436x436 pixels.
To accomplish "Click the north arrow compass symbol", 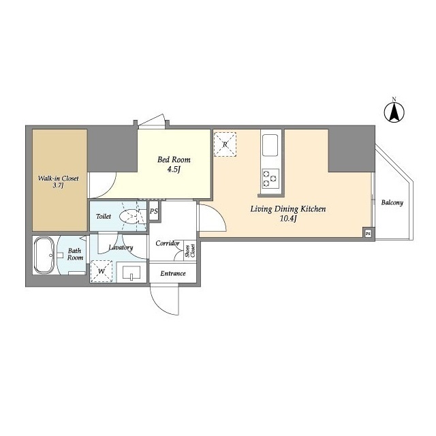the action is point(394,112).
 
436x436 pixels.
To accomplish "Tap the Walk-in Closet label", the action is point(58,178).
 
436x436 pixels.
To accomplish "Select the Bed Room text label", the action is point(174,159).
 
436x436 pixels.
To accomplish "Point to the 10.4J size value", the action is point(288,219).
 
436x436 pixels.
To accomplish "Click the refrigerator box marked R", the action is point(225,144).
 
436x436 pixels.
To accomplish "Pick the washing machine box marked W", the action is point(102,271).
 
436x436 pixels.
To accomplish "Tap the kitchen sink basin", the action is point(270,145).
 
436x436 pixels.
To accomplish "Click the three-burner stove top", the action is point(270,178).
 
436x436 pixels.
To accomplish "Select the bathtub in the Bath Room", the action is point(44,255).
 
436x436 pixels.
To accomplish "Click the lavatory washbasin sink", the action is point(131,272).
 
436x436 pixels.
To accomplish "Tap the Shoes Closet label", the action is point(191,251).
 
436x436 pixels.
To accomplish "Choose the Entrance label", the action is point(173,273).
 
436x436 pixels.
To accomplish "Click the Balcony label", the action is point(392,202).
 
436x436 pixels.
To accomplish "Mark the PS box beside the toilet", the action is point(153,211).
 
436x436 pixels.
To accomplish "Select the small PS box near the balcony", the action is point(368,234).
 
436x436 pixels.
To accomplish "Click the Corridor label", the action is point(168,243).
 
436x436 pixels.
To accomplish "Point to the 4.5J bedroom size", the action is point(174,170).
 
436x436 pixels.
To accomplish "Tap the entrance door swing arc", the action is point(163,306).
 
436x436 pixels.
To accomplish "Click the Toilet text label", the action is point(104,217).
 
